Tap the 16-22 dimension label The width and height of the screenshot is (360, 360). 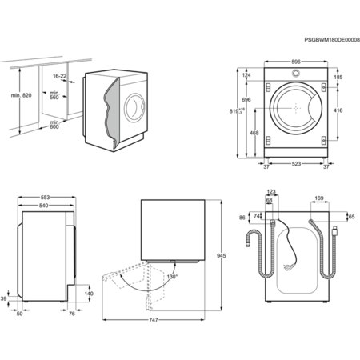point(59,76)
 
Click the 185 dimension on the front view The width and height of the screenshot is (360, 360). point(339,78)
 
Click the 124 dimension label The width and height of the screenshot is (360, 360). point(246,75)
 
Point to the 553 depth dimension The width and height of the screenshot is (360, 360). point(46,197)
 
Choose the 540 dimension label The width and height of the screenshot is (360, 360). point(44,206)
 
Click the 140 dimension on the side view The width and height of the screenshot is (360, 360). point(89,294)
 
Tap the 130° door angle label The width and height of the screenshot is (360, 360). point(171,277)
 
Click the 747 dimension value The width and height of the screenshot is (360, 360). point(154,321)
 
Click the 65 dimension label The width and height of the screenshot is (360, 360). point(350,216)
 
